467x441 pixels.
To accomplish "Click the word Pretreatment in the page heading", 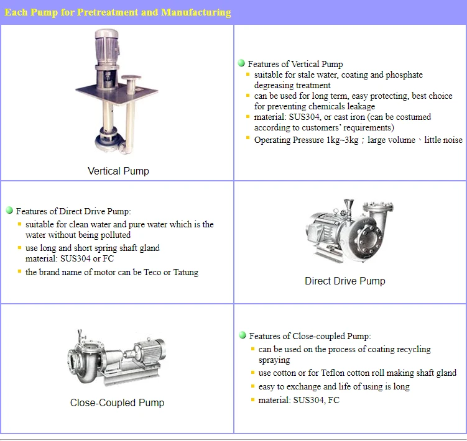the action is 107,12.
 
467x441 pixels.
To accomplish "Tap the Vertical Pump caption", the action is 118,171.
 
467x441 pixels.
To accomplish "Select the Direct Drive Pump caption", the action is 345,281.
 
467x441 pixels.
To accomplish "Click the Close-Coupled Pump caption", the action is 117,402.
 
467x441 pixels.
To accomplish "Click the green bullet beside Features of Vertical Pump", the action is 241,63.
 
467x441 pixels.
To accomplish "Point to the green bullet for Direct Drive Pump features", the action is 9,211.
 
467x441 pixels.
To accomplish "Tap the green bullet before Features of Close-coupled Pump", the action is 243,335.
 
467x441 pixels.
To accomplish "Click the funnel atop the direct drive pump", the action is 349,205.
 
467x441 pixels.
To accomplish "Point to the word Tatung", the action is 185,272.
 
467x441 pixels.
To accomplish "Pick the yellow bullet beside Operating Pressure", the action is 247,138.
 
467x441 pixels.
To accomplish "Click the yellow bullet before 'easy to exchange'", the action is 252,386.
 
